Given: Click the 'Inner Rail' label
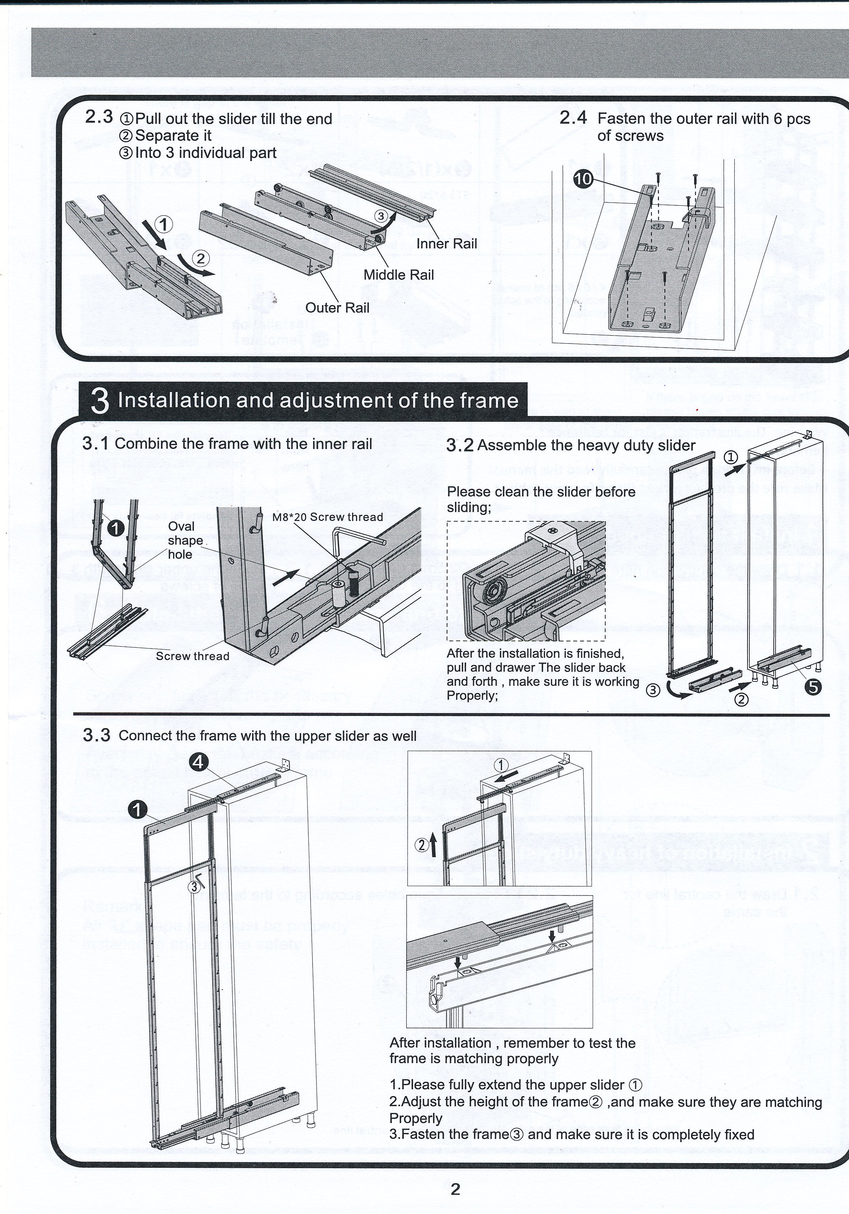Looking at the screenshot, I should pos(446,244).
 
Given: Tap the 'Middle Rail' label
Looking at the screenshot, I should pos(398,275).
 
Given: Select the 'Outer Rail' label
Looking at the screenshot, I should pos(337,308).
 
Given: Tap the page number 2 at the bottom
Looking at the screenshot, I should pos(455,1189).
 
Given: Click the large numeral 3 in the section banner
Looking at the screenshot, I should pos(100,402).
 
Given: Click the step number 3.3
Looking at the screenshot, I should pos(96,736).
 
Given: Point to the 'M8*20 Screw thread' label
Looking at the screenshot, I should pos(327,517).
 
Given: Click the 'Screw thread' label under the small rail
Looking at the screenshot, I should pos(192,656).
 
